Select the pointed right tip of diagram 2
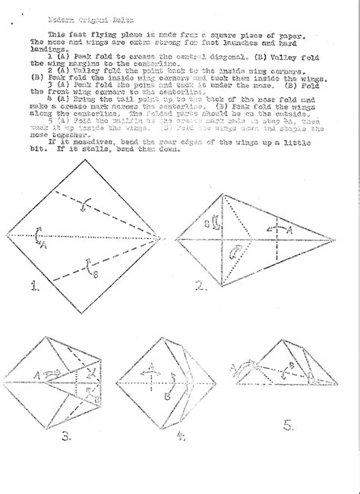click(x=335, y=236)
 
